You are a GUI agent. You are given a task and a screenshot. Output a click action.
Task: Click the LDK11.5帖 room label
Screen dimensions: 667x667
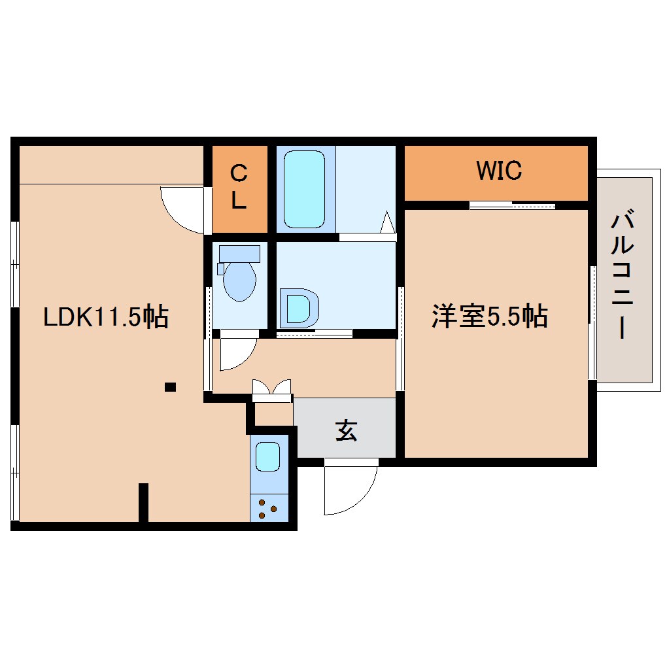click(106, 317)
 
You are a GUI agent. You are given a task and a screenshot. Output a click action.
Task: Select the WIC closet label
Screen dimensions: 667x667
click(499, 171)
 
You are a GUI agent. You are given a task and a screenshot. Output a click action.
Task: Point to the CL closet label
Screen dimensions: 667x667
click(239, 188)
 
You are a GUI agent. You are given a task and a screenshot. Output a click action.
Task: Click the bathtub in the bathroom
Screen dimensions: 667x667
click(305, 188)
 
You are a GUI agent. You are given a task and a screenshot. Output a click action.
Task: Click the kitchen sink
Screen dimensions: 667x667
click(268, 456)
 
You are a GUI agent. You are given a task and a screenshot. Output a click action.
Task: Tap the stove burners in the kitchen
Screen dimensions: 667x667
click(268, 508)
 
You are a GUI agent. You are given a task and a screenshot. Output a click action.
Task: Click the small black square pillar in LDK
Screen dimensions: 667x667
click(170, 386)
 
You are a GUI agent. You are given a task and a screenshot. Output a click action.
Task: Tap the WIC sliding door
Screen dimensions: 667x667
click(512, 205)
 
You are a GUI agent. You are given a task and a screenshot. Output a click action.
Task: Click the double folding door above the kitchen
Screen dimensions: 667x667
click(271, 390)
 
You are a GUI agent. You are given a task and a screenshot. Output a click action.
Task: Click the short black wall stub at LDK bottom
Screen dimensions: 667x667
click(143, 502)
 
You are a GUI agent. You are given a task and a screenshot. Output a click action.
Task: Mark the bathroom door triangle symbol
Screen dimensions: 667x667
click(388, 222)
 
